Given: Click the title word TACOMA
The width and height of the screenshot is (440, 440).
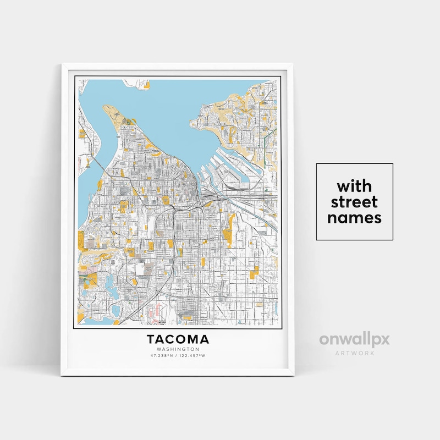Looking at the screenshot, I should (178, 339).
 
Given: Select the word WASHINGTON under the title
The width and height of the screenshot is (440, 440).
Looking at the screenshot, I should (178, 349).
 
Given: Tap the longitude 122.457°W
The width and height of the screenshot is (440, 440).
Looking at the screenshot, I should (193, 356).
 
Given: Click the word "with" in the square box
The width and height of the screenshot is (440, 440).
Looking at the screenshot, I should (354, 184).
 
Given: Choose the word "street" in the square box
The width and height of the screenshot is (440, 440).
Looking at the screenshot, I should (354, 201).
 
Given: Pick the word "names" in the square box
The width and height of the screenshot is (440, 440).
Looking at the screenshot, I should (354, 218).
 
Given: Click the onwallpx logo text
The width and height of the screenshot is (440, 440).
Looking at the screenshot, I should (354, 339).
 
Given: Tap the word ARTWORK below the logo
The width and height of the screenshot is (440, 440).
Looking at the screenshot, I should (354, 353).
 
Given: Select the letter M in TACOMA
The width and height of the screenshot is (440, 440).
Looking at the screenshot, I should (193, 339).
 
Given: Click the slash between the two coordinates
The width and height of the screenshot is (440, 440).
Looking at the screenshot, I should (178, 356).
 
